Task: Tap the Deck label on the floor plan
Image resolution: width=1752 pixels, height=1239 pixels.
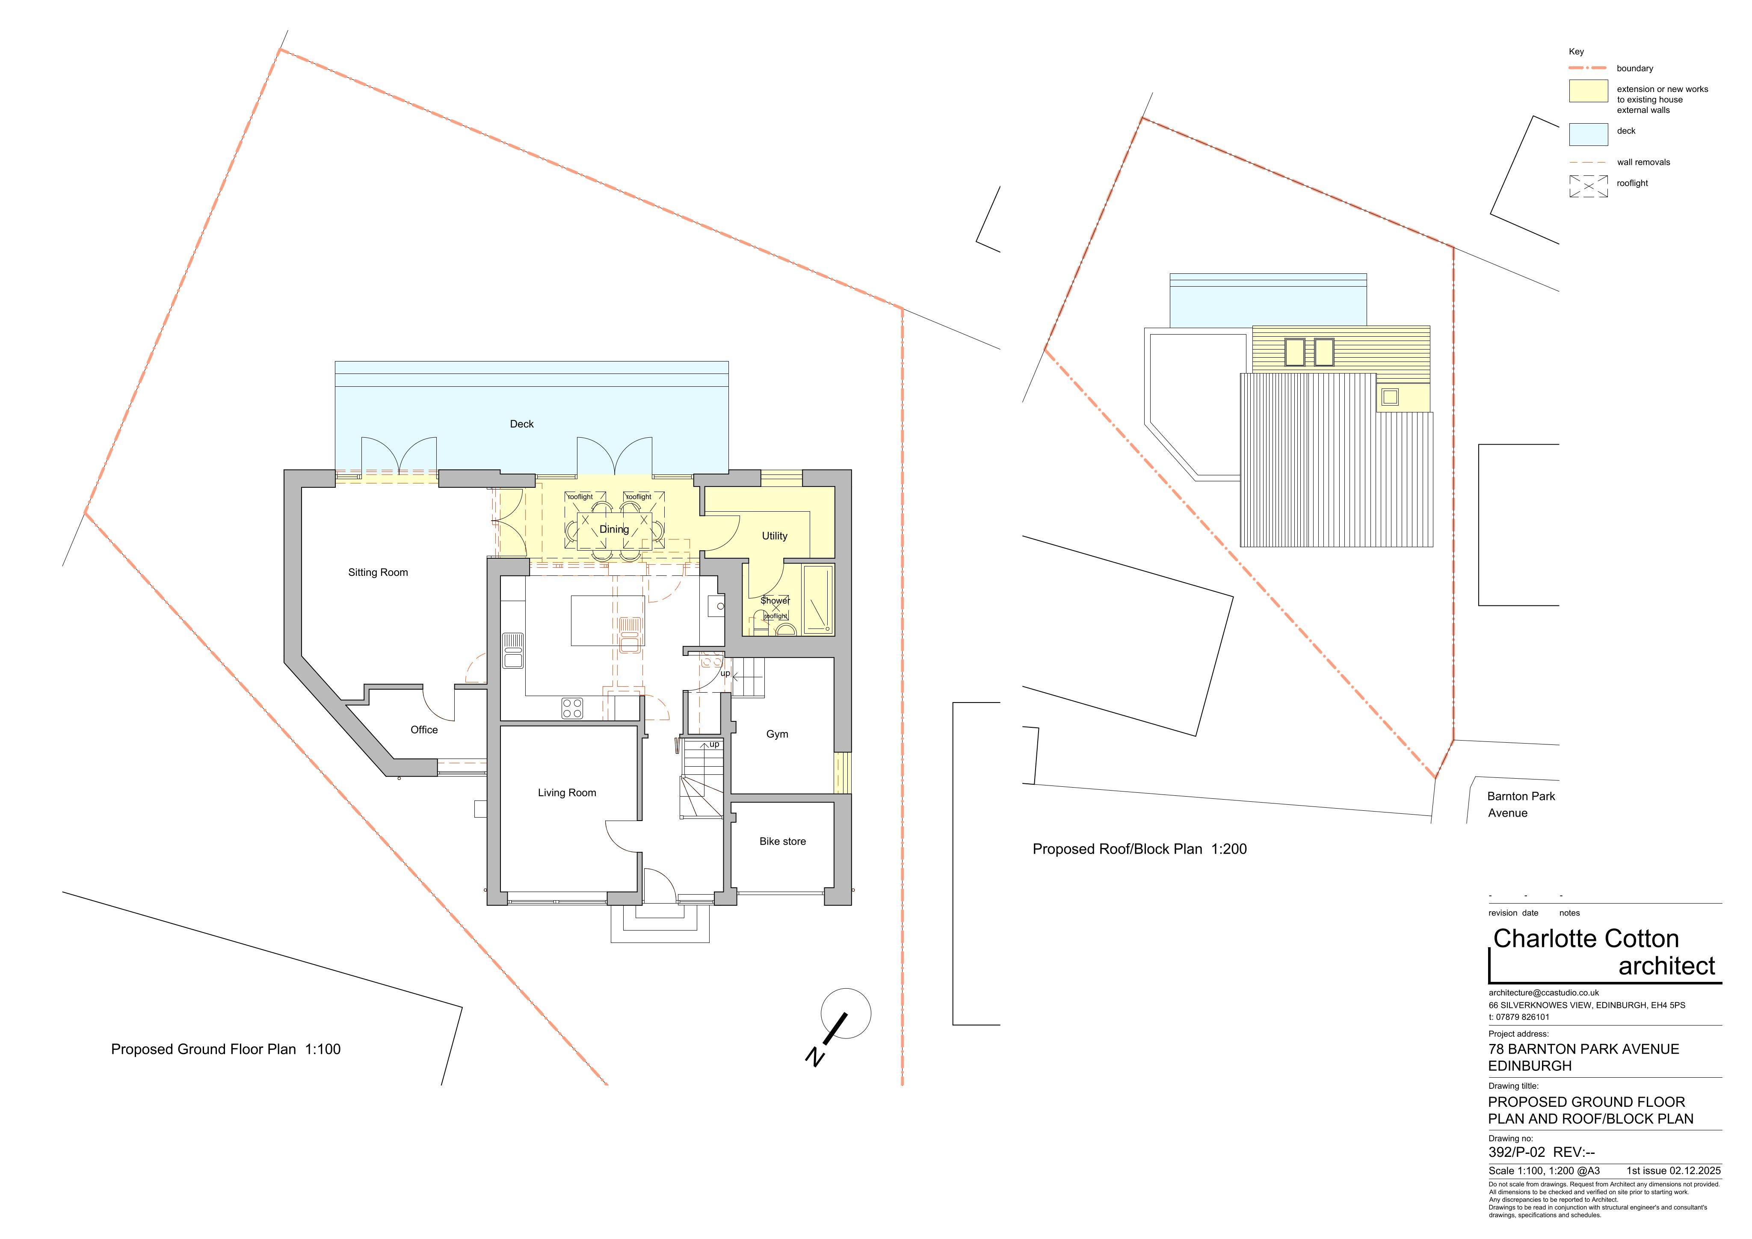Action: click(x=522, y=424)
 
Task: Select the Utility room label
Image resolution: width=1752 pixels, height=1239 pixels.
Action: click(x=775, y=536)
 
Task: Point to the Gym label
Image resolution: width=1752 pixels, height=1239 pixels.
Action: click(x=777, y=735)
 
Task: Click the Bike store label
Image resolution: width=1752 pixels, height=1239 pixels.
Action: click(x=782, y=841)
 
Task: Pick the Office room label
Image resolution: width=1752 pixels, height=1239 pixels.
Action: click(x=424, y=730)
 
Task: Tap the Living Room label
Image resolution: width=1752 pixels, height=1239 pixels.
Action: click(x=567, y=792)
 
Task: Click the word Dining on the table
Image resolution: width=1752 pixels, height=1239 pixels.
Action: click(x=614, y=529)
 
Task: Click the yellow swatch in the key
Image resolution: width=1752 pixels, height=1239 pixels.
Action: click(x=1588, y=91)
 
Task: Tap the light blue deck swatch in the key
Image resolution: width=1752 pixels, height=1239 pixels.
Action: click(x=1588, y=134)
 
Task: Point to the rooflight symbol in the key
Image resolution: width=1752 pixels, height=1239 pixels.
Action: click(x=1588, y=186)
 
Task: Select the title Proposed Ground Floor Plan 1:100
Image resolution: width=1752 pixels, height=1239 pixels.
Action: click(x=226, y=1049)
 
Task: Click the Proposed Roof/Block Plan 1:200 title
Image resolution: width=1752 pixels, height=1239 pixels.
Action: click(x=1139, y=849)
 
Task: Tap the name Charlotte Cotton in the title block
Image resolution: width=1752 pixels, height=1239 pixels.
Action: click(x=1586, y=938)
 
